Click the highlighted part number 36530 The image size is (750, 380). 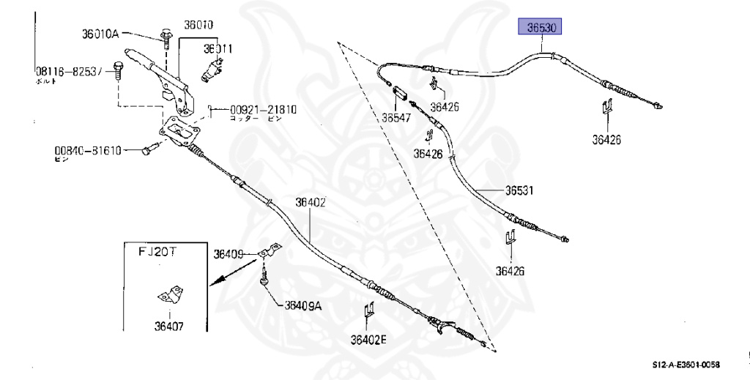543,29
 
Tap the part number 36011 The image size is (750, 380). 218,49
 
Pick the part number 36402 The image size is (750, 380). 311,203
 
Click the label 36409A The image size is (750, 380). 302,305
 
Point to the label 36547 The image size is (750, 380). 396,116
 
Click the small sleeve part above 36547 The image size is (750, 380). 401,93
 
